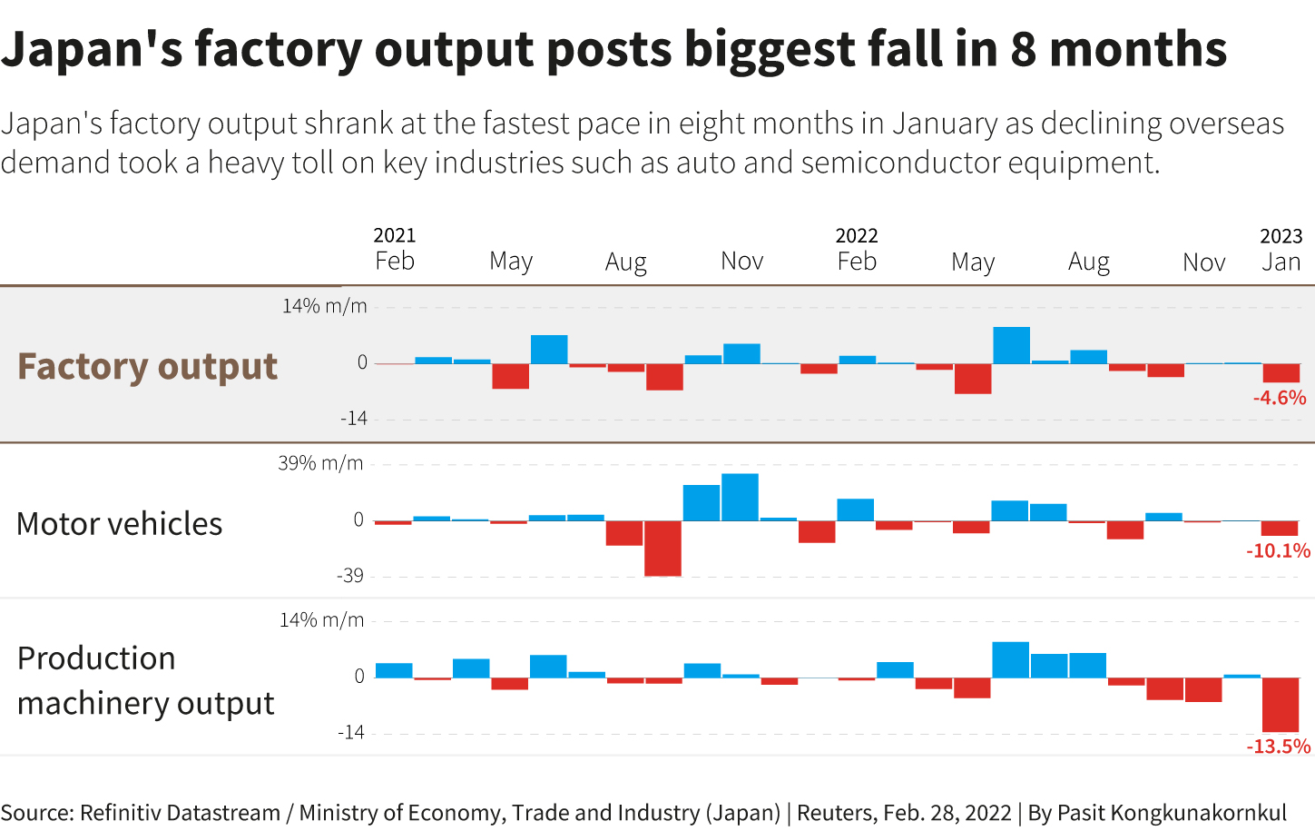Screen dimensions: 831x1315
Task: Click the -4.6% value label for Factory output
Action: [x=1280, y=398]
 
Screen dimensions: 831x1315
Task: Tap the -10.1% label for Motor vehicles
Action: [x=1278, y=550]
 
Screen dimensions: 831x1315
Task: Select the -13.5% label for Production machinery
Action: [x=1278, y=747]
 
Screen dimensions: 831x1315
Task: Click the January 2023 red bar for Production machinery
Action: [x=1281, y=705]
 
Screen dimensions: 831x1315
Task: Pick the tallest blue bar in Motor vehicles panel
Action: [x=740, y=497]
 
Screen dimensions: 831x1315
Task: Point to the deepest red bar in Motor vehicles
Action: [x=662, y=549]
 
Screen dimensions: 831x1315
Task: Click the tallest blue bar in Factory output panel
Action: [x=1011, y=345]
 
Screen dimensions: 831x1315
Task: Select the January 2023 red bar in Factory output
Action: [x=1281, y=372]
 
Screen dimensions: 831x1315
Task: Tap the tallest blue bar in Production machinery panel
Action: [x=1010, y=659]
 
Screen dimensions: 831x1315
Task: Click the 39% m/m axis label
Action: [x=320, y=463]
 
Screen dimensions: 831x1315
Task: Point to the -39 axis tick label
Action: [x=350, y=576]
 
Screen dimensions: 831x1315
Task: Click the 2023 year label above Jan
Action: [x=1281, y=236]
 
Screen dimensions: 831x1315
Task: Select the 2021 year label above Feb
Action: [x=395, y=235]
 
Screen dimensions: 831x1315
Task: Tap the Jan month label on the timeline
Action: [x=1281, y=262]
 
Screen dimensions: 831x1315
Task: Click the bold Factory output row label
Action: [x=148, y=366]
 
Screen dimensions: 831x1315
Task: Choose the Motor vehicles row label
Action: [x=120, y=524]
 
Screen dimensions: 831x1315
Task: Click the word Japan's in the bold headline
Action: [x=91, y=50]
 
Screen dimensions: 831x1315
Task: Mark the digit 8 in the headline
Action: [x=1023, y=49]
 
